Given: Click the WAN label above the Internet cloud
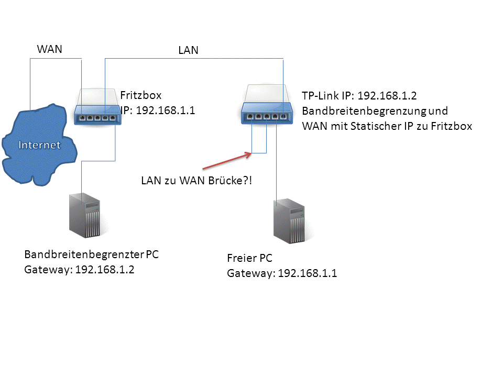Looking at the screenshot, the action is coord(49,49).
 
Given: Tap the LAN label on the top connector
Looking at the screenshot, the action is coord(188,50).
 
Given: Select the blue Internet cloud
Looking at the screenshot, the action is coord(39,145).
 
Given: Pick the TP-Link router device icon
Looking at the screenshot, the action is coord(267,104).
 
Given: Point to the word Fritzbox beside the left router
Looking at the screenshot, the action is coord(141,95).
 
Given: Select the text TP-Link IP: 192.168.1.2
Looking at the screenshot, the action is coord(359,95).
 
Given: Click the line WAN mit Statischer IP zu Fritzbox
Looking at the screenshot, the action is coord(387,126).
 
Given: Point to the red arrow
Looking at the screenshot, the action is coord(227,161).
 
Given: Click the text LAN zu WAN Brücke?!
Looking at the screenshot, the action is coord(196,181).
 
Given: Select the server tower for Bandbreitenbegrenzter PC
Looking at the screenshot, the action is coord(85,215).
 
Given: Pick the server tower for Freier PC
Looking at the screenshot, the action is coord(289,221).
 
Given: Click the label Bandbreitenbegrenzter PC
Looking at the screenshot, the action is coord(91,254).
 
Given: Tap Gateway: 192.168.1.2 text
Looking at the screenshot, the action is coord(79,270).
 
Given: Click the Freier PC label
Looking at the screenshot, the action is coord(249,258).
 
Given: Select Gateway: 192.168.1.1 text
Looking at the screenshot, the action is coord(282,273).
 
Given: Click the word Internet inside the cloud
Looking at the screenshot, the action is coord(39,145).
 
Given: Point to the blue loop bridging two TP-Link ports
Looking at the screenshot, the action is coord(259,153).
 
